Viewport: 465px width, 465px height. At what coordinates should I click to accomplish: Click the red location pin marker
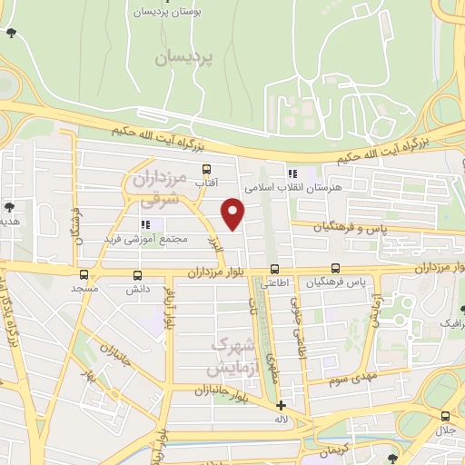pyautogui.click(x=233, y=213)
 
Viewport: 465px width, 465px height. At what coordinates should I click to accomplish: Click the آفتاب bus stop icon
pyautogui.click(x=207, y=168)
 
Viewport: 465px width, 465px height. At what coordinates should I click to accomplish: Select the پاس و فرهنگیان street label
pyautogui.click(x=346, y=227)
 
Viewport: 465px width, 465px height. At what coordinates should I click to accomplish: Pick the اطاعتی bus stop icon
pyautogui.click(x=274, y=269)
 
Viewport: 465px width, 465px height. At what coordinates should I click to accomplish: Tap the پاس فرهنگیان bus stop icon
pyautogui.click(x=335, y=268)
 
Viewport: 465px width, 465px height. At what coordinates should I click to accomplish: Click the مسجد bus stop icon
pyautogui.click(x=84, y=273)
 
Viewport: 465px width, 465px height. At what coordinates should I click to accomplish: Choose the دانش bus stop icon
pyautogui.click(x=138, y=273)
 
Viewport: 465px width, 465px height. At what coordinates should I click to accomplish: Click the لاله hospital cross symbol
pyautogui.click(x=282, y=406)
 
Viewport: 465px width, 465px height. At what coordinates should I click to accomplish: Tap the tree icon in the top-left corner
pyautogui.click(x=11, y=33)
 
